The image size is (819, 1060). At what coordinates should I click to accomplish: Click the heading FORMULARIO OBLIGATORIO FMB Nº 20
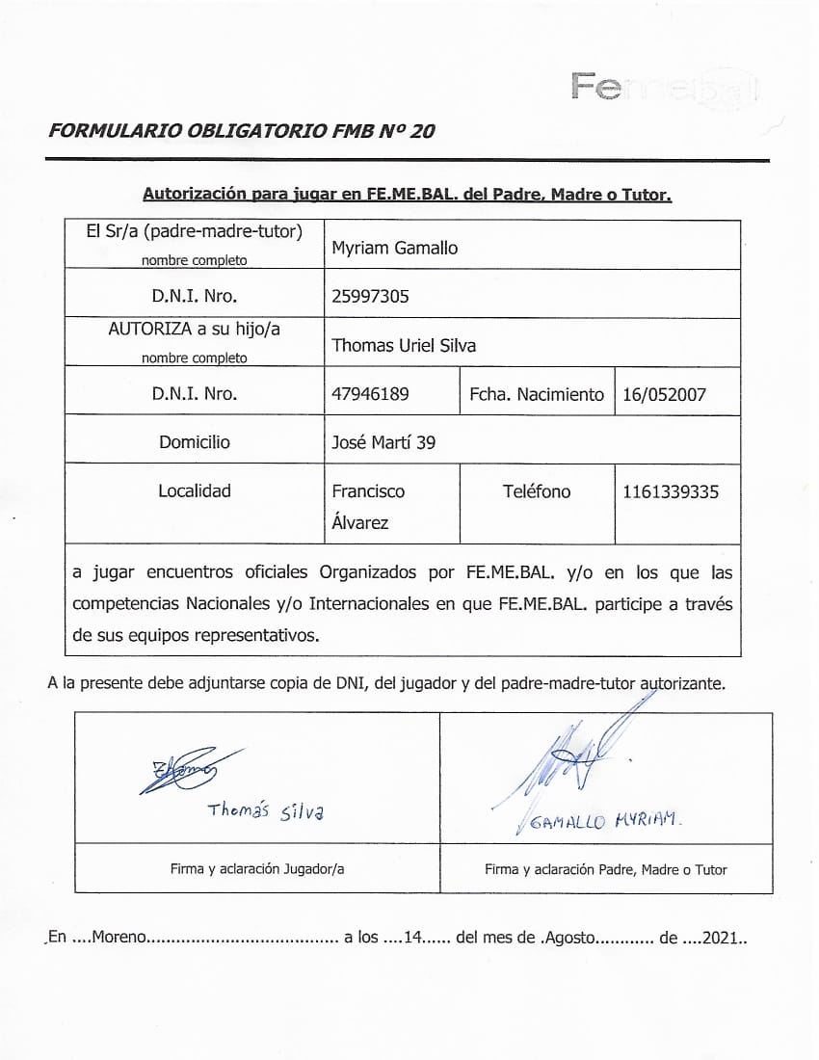point(241,131)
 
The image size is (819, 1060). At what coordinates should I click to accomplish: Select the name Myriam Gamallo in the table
point(395,248)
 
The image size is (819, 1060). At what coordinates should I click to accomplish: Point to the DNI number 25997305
point(370,296)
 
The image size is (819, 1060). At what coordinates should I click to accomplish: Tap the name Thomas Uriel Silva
point(404,345)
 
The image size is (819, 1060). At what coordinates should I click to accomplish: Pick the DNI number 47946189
point(370,393)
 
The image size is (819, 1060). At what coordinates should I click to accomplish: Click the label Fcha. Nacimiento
point(537,394)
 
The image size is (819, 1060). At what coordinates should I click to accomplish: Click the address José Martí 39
point(383,442)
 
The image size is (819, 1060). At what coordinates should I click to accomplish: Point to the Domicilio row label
point(195,442)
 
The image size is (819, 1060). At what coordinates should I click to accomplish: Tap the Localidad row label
point(195,490)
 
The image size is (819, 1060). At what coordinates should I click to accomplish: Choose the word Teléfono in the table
point(537,491)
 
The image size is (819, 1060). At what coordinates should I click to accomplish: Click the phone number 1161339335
point(671,491)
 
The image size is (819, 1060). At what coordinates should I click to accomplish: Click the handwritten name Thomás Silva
point(266,810)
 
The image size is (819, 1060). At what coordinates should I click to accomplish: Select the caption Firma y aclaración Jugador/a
point(257,869)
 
